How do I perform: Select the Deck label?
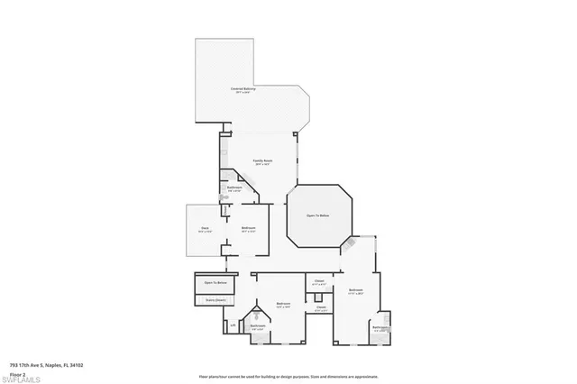pos(204,230)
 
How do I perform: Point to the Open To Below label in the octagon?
pos(317,215)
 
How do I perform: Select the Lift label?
pos(233,325)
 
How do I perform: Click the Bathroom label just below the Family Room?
pos(234,188)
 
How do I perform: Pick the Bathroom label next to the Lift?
pos(258,326)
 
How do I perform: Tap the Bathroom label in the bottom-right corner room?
pos(380,328)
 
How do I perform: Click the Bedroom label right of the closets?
pos(355,290)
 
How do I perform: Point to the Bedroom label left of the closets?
pos(283,305)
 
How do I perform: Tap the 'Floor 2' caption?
pos(17,372)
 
